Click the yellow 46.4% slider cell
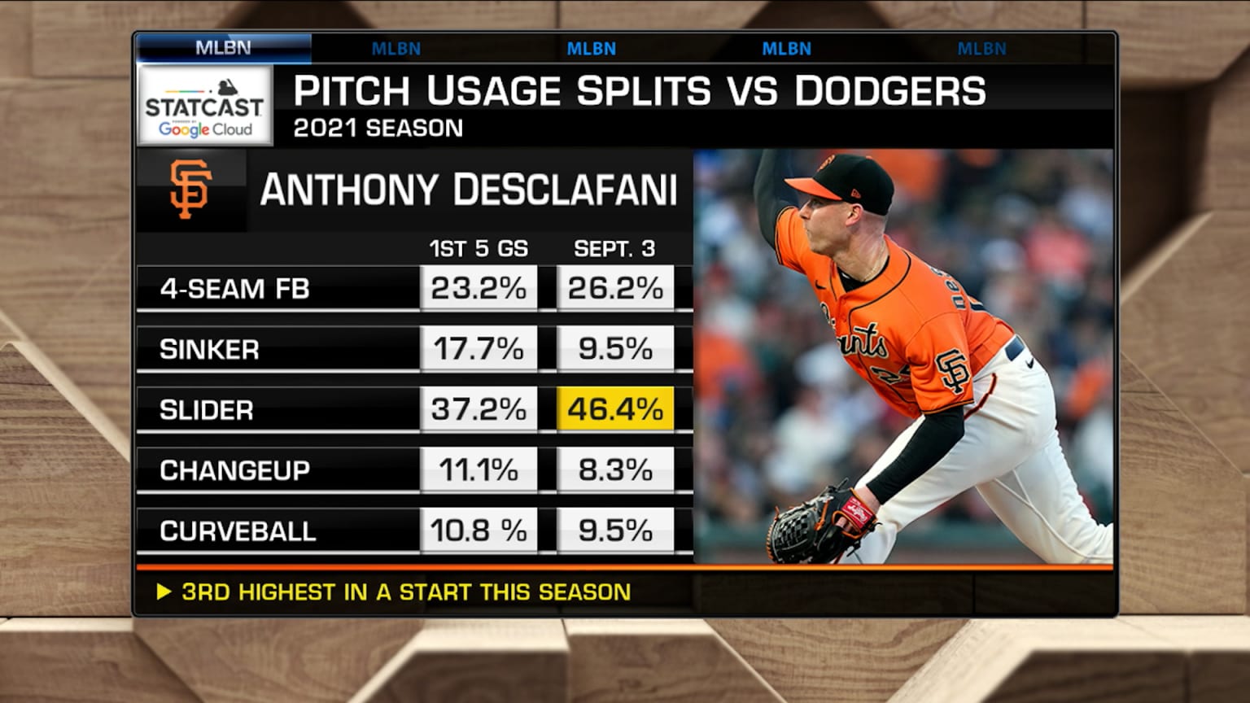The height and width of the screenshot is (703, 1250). (615, 408)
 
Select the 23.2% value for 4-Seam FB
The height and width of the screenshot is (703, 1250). (479, 288)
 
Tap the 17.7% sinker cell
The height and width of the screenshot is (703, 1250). (479, 348)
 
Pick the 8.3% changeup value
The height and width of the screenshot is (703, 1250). (615, 469)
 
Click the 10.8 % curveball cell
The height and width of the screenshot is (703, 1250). (479, 531)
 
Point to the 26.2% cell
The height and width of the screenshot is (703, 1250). (615, 288)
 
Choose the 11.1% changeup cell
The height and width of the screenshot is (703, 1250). (479, 469)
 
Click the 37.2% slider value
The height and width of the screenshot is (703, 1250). (479, 408)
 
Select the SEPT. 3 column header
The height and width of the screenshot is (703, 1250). (614, 248)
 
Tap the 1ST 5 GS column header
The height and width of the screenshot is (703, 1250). (479, 248)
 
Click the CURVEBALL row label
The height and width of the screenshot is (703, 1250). (238, 531)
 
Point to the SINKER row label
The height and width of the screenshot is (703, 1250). (209, 349)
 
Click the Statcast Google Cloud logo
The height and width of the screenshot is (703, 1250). (205, 107)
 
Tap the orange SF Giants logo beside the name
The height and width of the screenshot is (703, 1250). (190, 189)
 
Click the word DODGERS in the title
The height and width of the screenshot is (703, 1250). (889, 90)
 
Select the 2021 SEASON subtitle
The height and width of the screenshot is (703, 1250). (378, 128)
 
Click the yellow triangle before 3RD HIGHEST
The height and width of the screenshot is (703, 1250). (164, 592)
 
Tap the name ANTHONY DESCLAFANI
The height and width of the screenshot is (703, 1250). (468, 190)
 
